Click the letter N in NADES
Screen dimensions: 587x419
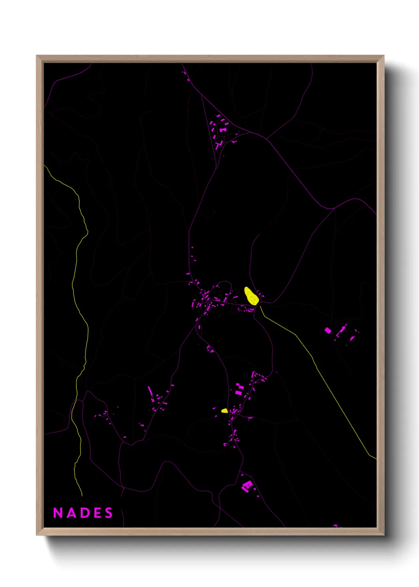(58, 513)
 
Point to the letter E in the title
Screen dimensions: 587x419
(97, 513)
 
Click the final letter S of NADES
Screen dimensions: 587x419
(109, 513)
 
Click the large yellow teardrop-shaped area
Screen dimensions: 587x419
(251, 296)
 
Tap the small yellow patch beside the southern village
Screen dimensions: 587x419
(225, 411)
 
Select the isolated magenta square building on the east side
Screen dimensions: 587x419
(328, 330)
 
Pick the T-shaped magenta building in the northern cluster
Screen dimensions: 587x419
(218, 145)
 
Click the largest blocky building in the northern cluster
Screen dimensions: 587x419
(222, 129)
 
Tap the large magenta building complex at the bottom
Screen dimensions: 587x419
(247, 486)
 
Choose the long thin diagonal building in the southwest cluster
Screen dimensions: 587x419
(150, 391)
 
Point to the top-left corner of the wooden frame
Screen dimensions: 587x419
(37, 56)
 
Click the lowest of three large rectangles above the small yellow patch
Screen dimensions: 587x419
(238, 393)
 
